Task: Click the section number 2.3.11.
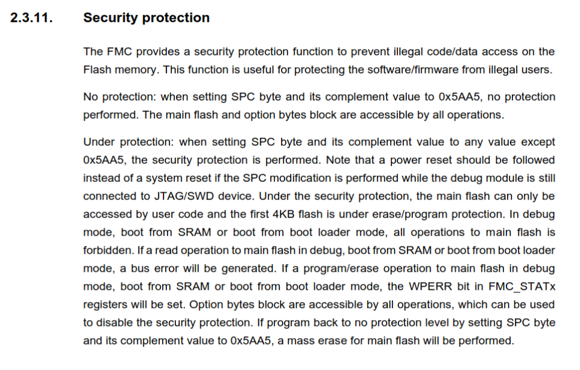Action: coord(31,17)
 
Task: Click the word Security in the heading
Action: coord(110,18)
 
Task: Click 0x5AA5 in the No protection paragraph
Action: coord(459,97)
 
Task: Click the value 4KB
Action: coord(283,215)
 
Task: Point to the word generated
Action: coord(248,269)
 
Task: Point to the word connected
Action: coord(109,196)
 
